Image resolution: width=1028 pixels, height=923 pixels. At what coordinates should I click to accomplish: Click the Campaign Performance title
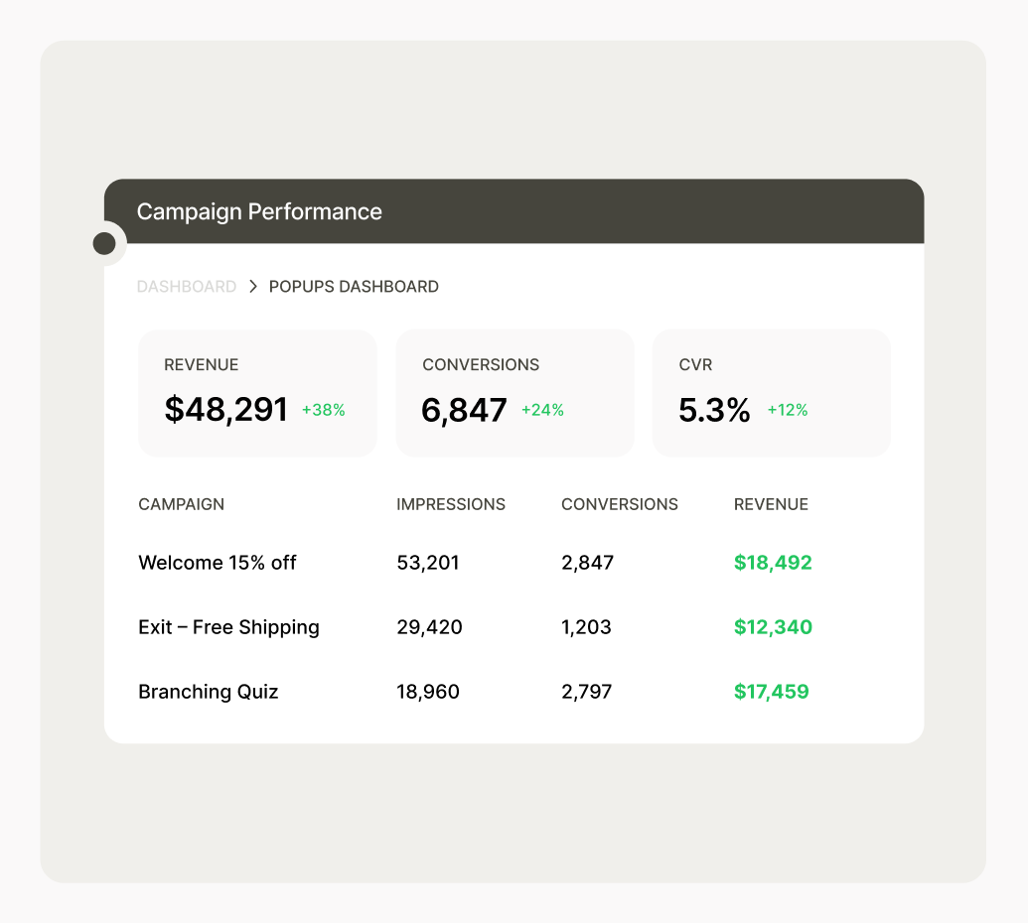click(x=259, y=211)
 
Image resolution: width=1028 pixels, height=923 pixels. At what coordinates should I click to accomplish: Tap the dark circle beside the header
click(x=104, y=243)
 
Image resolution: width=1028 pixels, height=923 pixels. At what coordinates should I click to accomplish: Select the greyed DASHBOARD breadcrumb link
click(x=187, y=287)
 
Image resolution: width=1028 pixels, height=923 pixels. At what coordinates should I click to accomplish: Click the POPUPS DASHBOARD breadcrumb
click(x=354, y=287)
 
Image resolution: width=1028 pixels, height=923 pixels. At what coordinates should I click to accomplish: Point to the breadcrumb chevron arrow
click(x=253, y=287)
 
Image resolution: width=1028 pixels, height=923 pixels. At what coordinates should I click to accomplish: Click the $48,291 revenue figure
click(x=225, y=409)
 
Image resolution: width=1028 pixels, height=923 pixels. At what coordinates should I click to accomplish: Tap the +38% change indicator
click(x=324, y=410)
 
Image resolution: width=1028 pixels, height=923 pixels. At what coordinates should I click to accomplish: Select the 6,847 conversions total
click(x=464, y=410)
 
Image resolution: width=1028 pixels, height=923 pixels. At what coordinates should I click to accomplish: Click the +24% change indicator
click(x=542, y=410)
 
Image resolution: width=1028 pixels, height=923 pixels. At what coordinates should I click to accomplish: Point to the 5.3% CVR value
click(x=714, y=410)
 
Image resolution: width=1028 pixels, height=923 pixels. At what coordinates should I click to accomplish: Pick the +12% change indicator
click(x=788, y=410)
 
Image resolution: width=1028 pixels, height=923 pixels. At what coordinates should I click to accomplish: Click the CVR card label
click(x=695, y=365)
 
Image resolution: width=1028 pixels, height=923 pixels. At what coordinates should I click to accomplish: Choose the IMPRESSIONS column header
click(x=451, y=504)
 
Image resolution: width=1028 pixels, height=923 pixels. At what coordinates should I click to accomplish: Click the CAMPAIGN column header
click(x=182, y=504)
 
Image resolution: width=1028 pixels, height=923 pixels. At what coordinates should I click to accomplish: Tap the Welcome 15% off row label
click(x=218, y=563)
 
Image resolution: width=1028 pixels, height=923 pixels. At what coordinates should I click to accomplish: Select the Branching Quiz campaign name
click(x=209, y=692)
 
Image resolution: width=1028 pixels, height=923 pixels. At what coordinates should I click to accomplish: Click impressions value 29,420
click(x=429, y=627)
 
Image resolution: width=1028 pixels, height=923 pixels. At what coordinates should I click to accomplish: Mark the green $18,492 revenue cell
click(x=773, y=563)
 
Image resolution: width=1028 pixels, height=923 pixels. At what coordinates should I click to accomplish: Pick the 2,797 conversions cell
click(x=587, y=692)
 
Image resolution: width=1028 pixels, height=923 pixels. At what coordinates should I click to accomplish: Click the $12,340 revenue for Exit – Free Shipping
click(x=773, y=627)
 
